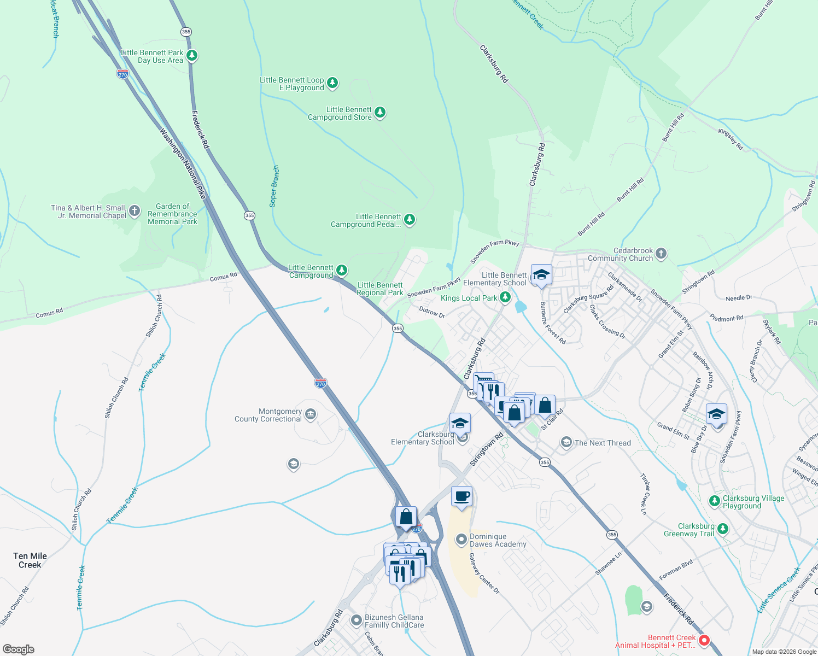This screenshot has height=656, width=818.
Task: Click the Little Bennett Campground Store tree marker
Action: coord(380,113)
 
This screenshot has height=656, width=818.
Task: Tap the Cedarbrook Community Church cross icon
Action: coord(661,253)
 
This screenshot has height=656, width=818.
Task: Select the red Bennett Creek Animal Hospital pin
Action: coord(704,640)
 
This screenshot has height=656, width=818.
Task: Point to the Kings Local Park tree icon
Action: coord(505,297)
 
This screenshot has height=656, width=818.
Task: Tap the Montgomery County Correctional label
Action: coord(268,415)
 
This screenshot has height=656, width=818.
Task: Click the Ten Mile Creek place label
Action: coord(30,560)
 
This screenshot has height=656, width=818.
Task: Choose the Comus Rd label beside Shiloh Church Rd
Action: coord(49,313)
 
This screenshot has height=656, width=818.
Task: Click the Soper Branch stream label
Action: coord(274,186)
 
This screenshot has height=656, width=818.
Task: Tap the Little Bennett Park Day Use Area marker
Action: coord(191,55)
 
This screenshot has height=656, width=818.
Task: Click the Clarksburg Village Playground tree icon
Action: coord(715,501)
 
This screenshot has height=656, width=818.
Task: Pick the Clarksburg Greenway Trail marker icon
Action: coord(723,529)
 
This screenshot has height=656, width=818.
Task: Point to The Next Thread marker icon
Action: coord(566,442)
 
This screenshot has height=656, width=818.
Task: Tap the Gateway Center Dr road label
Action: coord(484,573)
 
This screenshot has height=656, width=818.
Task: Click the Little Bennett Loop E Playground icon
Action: coord(332,83)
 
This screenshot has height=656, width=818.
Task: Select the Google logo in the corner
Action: coord(18,649)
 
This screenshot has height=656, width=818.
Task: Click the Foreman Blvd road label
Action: coord(676,569)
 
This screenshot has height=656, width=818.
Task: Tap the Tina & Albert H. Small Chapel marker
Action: coord(135,212)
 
